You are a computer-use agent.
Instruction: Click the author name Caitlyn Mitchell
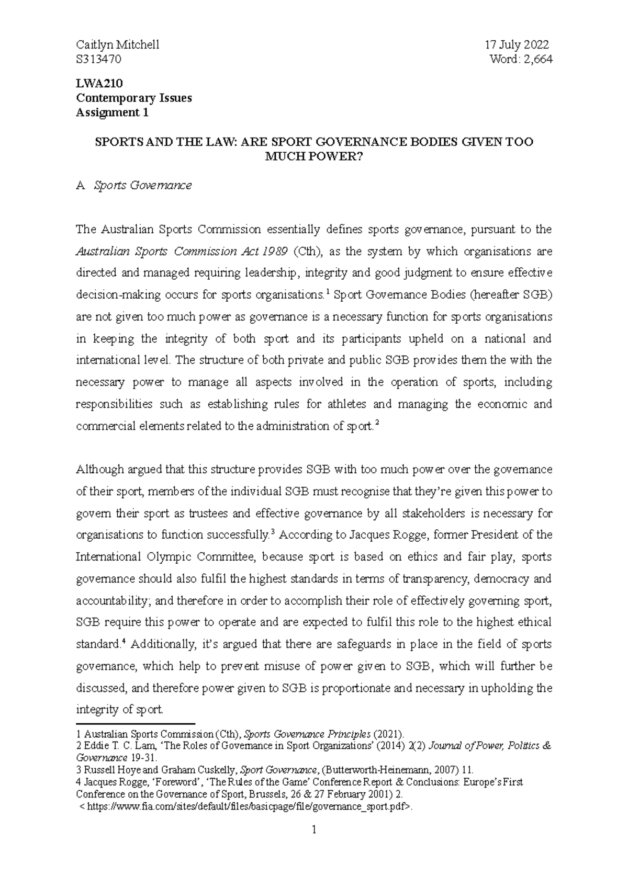coord(118,45)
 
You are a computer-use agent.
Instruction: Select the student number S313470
coord(98,60)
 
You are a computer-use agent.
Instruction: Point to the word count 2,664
coord(537,60)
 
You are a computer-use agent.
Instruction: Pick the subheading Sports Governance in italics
coord(142,185)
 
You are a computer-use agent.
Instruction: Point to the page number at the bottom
coord(314,844)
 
